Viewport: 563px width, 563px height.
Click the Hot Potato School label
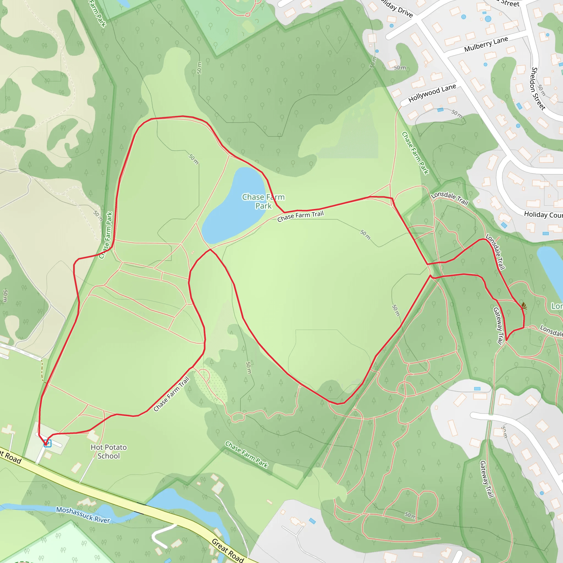click(x=108, y=451)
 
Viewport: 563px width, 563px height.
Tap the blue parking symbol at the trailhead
click(x=48, y=443)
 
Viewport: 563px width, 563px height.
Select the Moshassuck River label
click(x=83, y=515)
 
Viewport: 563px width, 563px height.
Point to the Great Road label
click(x=228, y=550)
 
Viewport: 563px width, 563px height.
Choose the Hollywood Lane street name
click(x=432, y=93)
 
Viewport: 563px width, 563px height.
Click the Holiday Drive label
click(x=398, y=9)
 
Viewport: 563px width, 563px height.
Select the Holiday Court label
click(x=543, y=215)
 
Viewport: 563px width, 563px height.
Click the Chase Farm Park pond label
click(x=263, y=201)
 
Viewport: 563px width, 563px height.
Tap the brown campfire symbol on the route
click(x=524, y=306)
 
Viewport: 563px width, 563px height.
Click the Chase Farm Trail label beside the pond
click(x=300, y=216)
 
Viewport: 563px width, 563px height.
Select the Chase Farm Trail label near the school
click(x=171, y=394)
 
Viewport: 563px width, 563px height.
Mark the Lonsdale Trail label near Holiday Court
click(x=449, y=198)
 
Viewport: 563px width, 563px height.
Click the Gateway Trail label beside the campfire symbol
click(x=498, y=326)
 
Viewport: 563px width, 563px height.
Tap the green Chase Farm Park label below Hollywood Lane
click(x=415, y=153)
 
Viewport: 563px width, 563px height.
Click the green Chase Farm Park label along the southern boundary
click(x=246, y=454)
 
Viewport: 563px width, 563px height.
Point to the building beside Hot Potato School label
click(x=93, y=436)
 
